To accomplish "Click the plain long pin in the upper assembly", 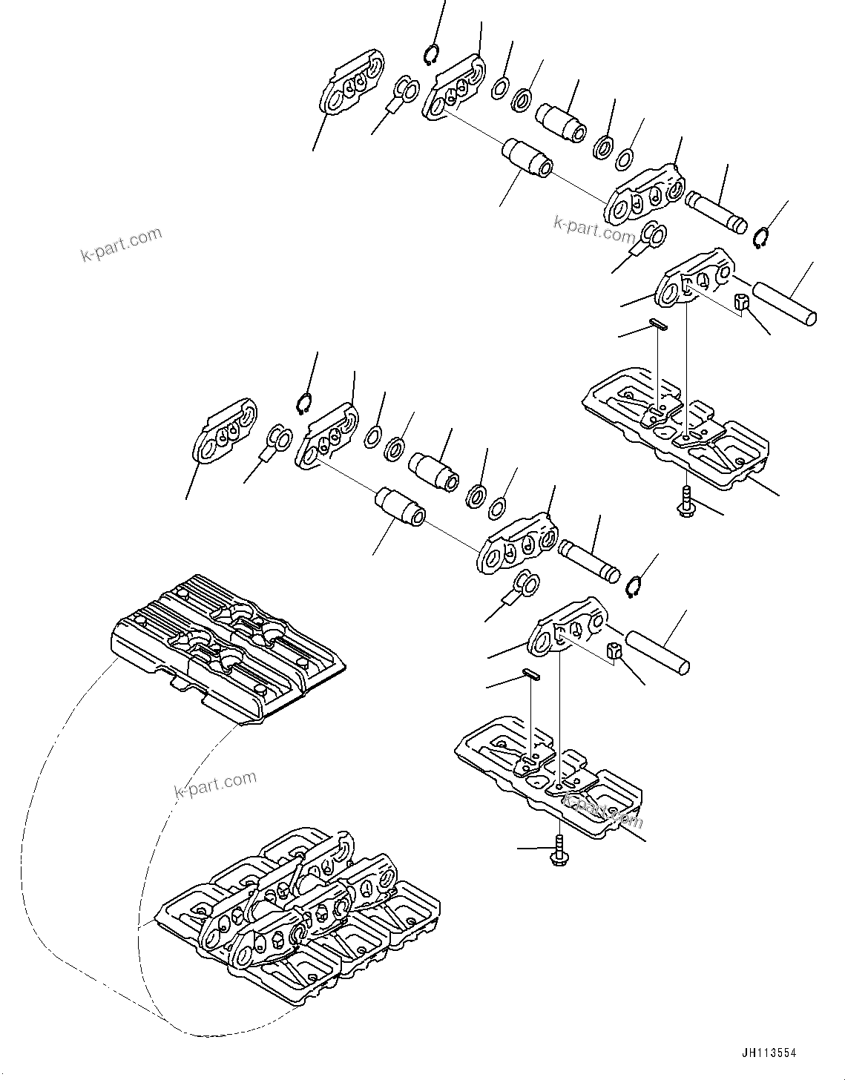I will click(785, 301).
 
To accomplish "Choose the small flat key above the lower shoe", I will click(531, 674).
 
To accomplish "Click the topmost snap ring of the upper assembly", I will click(432, 55).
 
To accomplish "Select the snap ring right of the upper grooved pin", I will click(760, 240).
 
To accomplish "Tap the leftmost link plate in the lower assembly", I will click(225, 433).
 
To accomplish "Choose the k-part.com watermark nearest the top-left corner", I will click(121, 246).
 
